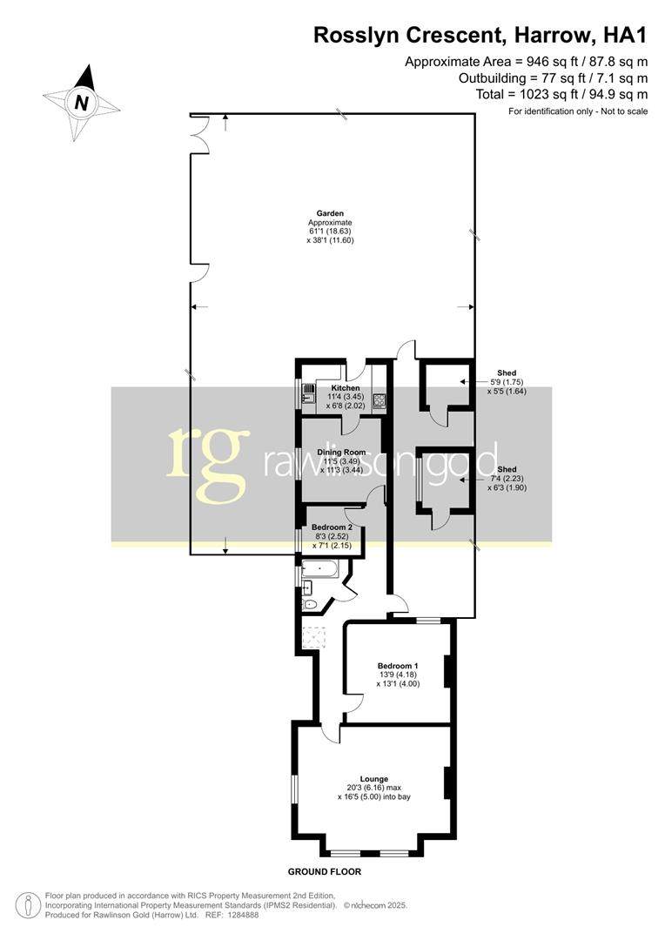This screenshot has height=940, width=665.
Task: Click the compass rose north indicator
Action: pos(82,102)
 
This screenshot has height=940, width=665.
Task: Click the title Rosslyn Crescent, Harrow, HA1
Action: pos(480,36)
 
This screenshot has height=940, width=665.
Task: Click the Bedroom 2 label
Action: pos(332,527)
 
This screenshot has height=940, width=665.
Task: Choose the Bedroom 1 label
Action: pos(397,666)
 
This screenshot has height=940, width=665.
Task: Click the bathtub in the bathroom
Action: pos(319,571)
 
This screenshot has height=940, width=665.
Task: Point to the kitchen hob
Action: pos(379,401)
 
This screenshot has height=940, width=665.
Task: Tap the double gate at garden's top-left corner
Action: pos(199,133)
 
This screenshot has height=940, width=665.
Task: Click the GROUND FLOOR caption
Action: pos(324,871)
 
